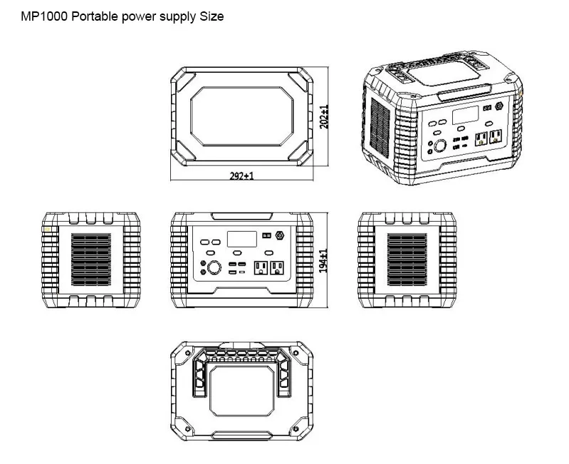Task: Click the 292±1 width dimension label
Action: [x=242, y=175]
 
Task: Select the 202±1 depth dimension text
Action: [x=325, y=117]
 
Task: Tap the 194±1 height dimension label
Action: [x=324, y=260]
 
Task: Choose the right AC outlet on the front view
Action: [x=276, y=267]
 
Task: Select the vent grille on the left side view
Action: [x=91, y=259]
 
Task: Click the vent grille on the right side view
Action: [x=406, y=259]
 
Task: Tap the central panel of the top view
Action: [x=242, y=116]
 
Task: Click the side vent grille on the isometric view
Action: [x=381, y=128]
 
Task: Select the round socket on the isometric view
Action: [x=442, y=147]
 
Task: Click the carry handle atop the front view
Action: [x=242, y=215]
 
